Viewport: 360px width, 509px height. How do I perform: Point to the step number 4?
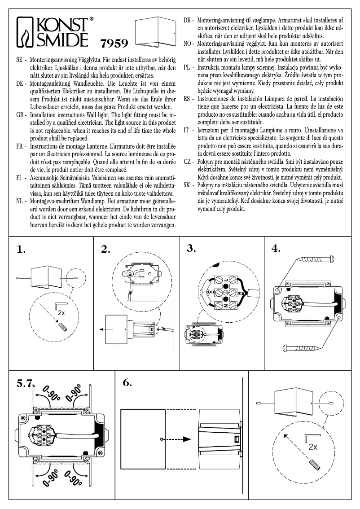click(276, 248)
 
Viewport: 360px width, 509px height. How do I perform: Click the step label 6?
click(127, 382)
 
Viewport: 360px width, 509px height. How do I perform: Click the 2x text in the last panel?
click(313, 447)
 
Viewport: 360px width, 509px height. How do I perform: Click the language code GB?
click(20, 115)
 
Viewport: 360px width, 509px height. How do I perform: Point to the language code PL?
click(188, 67)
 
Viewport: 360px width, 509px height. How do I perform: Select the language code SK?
click(189, 185)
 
